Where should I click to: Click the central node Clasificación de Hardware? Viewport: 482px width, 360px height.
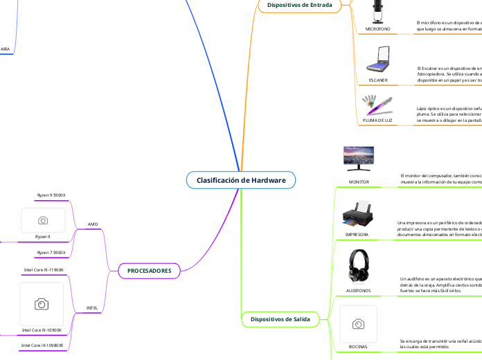[x=241, y=180]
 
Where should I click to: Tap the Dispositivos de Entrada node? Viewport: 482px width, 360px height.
[x=299, y=5]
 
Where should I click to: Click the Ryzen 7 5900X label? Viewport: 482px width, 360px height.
[x=51, y=253]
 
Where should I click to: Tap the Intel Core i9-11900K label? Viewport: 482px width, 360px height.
[x=44, y=269]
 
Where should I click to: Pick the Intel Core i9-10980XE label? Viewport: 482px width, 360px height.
[x=42, y=345]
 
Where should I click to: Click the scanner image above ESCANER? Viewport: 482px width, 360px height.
[x=378, y=60]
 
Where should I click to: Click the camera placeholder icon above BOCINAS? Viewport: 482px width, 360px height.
[x=358, y=323]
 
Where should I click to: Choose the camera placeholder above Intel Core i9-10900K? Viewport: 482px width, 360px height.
[x=42, y=304]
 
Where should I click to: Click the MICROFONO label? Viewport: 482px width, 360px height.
[x=378, y=29]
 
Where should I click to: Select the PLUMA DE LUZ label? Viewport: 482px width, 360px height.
[x=378, y=120]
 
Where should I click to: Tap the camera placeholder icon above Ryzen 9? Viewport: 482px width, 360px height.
[x=43, y=220]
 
